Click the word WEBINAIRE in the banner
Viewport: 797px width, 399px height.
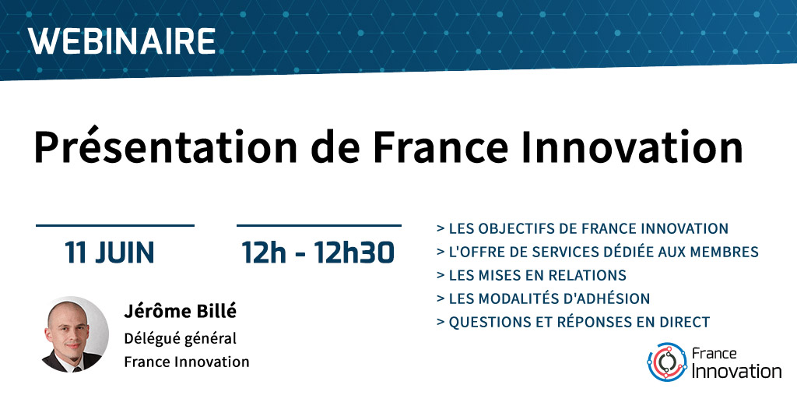click(x=122, y=41)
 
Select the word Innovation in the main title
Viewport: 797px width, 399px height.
click(x=633, y=147)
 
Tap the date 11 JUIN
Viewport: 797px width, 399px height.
click(x=109, y=252)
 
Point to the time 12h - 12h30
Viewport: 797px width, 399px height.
click(x=318, y=252)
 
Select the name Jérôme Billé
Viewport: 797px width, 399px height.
click(x=180, y=312)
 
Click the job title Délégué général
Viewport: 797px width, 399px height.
click(x=180, y=338)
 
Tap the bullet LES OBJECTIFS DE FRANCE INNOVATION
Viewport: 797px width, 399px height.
click(x=582, y=228)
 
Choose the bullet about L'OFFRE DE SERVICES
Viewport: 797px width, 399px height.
click(x=597, y=252)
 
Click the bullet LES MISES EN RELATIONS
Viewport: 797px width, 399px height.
click(x=531, y=275)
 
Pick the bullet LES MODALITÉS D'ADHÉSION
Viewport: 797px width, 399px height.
click(x=542, y=298)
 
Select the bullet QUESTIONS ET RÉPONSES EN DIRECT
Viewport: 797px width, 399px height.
click(x=573, y=322)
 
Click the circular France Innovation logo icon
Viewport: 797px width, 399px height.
click(x=667, y=362)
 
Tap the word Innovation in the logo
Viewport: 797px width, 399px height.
click(x=736, y=371)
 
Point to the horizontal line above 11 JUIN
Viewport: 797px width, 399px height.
click(x=115, y=225)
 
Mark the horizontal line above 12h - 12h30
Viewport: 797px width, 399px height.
click(x=318, y=225)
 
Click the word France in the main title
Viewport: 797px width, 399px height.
click(x=441, y=147)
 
